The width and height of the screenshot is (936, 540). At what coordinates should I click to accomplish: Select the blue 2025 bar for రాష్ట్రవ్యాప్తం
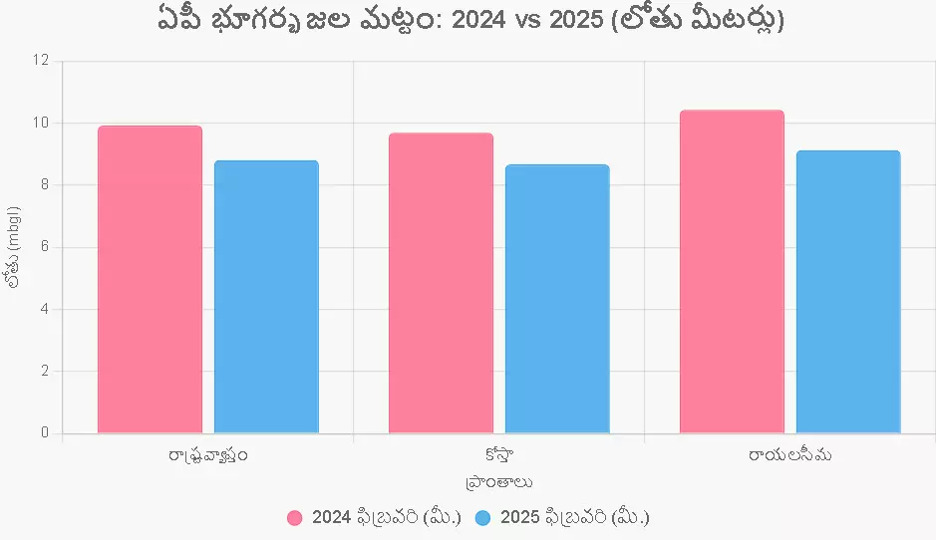point(266,297)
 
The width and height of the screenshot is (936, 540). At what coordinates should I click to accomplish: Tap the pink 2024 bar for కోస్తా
point(441,283)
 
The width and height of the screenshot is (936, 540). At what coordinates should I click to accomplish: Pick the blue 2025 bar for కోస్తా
point(557,299)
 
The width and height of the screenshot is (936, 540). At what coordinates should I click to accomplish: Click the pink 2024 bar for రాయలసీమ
point(732,271)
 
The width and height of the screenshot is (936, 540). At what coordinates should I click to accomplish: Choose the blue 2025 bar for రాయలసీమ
point(848,292)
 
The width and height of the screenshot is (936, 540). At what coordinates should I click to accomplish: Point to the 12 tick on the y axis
point(41,61)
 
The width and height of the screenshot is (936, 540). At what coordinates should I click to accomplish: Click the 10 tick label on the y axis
point(41,123)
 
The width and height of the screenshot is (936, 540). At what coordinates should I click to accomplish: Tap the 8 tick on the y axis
point(45,184)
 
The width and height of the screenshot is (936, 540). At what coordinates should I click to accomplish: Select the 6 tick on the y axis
point(45,247)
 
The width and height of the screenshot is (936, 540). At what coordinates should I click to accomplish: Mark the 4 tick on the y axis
point(45,309)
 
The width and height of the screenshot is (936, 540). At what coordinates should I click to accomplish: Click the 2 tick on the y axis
point(45,371)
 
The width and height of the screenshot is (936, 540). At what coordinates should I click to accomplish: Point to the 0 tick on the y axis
point(45,433)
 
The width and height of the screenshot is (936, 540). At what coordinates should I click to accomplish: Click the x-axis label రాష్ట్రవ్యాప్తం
point(208,456)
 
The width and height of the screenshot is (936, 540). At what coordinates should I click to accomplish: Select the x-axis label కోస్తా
point(498,455)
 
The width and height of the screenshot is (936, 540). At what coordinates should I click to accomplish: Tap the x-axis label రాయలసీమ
point(789,455)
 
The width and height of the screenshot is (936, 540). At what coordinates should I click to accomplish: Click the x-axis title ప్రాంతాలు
point(498,482)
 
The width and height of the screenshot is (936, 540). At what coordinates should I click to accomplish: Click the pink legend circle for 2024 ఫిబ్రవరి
point(295,518)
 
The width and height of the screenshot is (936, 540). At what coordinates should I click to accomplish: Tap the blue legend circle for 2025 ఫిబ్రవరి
point(483,518)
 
